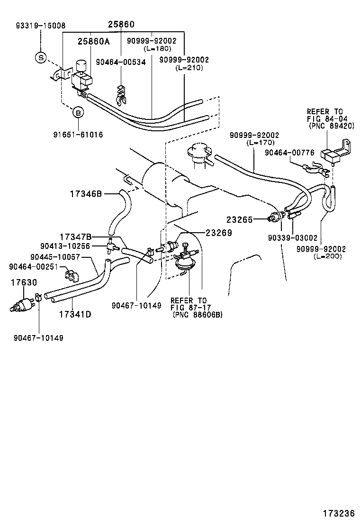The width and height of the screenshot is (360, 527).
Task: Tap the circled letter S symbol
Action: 40,58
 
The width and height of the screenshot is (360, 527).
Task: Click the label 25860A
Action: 93,41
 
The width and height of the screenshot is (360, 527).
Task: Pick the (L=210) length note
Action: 189,68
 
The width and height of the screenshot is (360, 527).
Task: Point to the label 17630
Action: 24,282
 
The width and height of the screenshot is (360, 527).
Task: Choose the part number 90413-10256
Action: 64,245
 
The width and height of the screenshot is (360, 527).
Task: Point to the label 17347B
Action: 75,236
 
